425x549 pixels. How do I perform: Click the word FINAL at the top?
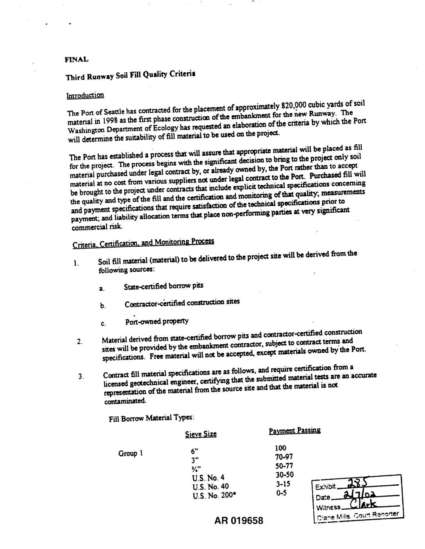(77, 60)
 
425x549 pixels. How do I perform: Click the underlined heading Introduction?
(85, 95)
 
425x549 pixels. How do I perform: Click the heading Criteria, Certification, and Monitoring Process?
(143, 243)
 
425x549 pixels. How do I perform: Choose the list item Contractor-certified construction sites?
(182, 303)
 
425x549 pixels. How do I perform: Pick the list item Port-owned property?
(157, 321)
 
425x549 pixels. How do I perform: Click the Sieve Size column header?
(200, 434)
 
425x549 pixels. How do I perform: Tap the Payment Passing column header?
(295, 431)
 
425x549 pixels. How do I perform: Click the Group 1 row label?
(130, 454)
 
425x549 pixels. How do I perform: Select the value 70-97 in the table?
(284, 457)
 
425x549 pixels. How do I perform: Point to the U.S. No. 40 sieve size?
(211, 487)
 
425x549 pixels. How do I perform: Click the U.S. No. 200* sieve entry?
(214, 496)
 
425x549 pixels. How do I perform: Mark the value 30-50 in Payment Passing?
(284, 475)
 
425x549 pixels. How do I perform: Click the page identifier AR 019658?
(239, 521)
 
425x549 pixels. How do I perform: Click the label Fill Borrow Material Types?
(152, 418)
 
